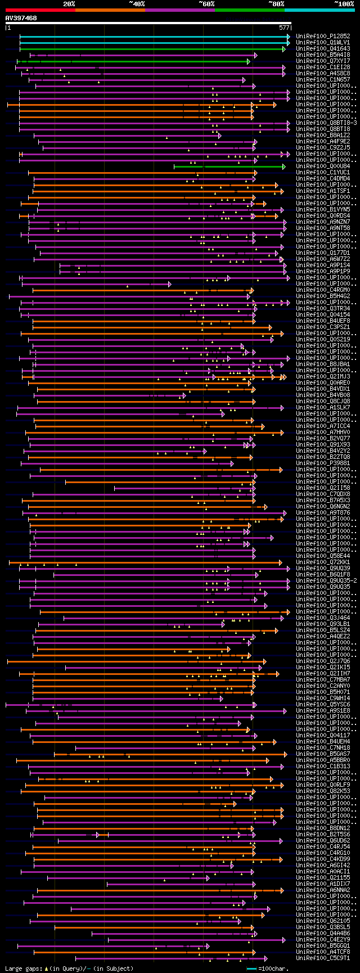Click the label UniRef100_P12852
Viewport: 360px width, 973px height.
[x=323, y=36]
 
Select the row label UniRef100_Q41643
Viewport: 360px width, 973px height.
[x=323, y=48]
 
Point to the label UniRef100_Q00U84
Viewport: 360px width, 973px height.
[x=323, y=166]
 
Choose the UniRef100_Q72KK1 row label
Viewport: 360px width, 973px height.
[x=323, y=562]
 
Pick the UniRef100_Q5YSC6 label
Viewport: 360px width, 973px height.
[x=323, y=704]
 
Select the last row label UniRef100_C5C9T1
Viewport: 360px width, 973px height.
[x=323, y=958]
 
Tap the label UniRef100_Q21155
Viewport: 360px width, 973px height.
[x=323, y=877]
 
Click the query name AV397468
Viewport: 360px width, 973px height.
[x=21, y=18]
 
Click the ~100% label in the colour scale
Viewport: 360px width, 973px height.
[x=344, y=4]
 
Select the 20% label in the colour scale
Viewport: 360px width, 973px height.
[x=69, y=4]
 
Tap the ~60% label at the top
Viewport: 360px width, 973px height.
[x=206, y=4]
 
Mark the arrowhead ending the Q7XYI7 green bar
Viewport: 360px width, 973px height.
[x=248, y=61]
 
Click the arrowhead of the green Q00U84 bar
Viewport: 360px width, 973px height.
[x=284, y=166]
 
